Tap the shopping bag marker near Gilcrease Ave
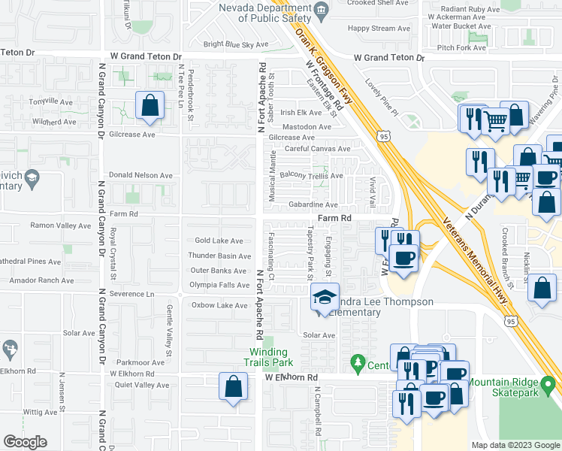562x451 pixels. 150,107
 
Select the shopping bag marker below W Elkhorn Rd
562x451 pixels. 234,388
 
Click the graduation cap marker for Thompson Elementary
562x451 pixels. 325,298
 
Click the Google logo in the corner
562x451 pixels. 25,442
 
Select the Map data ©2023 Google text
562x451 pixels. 515,445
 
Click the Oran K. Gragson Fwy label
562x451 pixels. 325,64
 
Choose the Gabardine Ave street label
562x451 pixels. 313,204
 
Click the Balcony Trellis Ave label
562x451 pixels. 311,176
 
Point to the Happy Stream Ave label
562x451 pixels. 379,29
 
